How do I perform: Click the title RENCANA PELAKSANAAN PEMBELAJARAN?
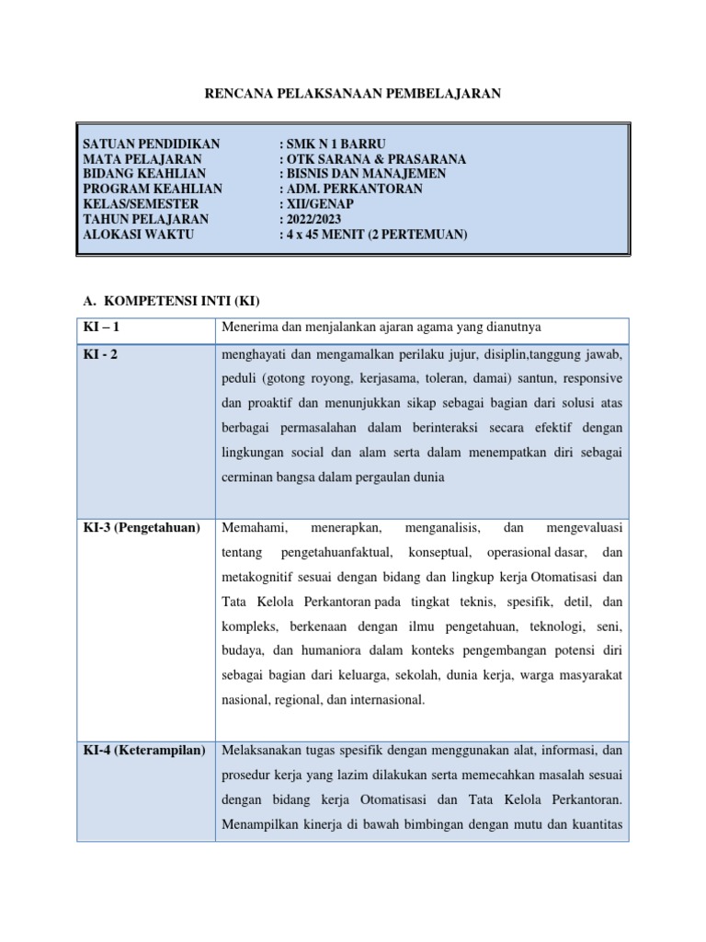(352, 94)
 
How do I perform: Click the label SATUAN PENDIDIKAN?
(152, 144)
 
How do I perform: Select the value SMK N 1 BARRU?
(333, 144)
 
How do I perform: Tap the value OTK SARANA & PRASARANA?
(372, 159)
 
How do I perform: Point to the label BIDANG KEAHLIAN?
(144, 174)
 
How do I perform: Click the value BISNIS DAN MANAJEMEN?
(363, 174)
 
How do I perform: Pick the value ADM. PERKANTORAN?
(351, 189)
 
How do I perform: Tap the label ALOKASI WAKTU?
(139, 235)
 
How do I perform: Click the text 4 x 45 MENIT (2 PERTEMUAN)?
(373, 235)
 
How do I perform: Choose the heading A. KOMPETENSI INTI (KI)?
(167, 301)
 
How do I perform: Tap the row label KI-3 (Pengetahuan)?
(142, 528)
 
